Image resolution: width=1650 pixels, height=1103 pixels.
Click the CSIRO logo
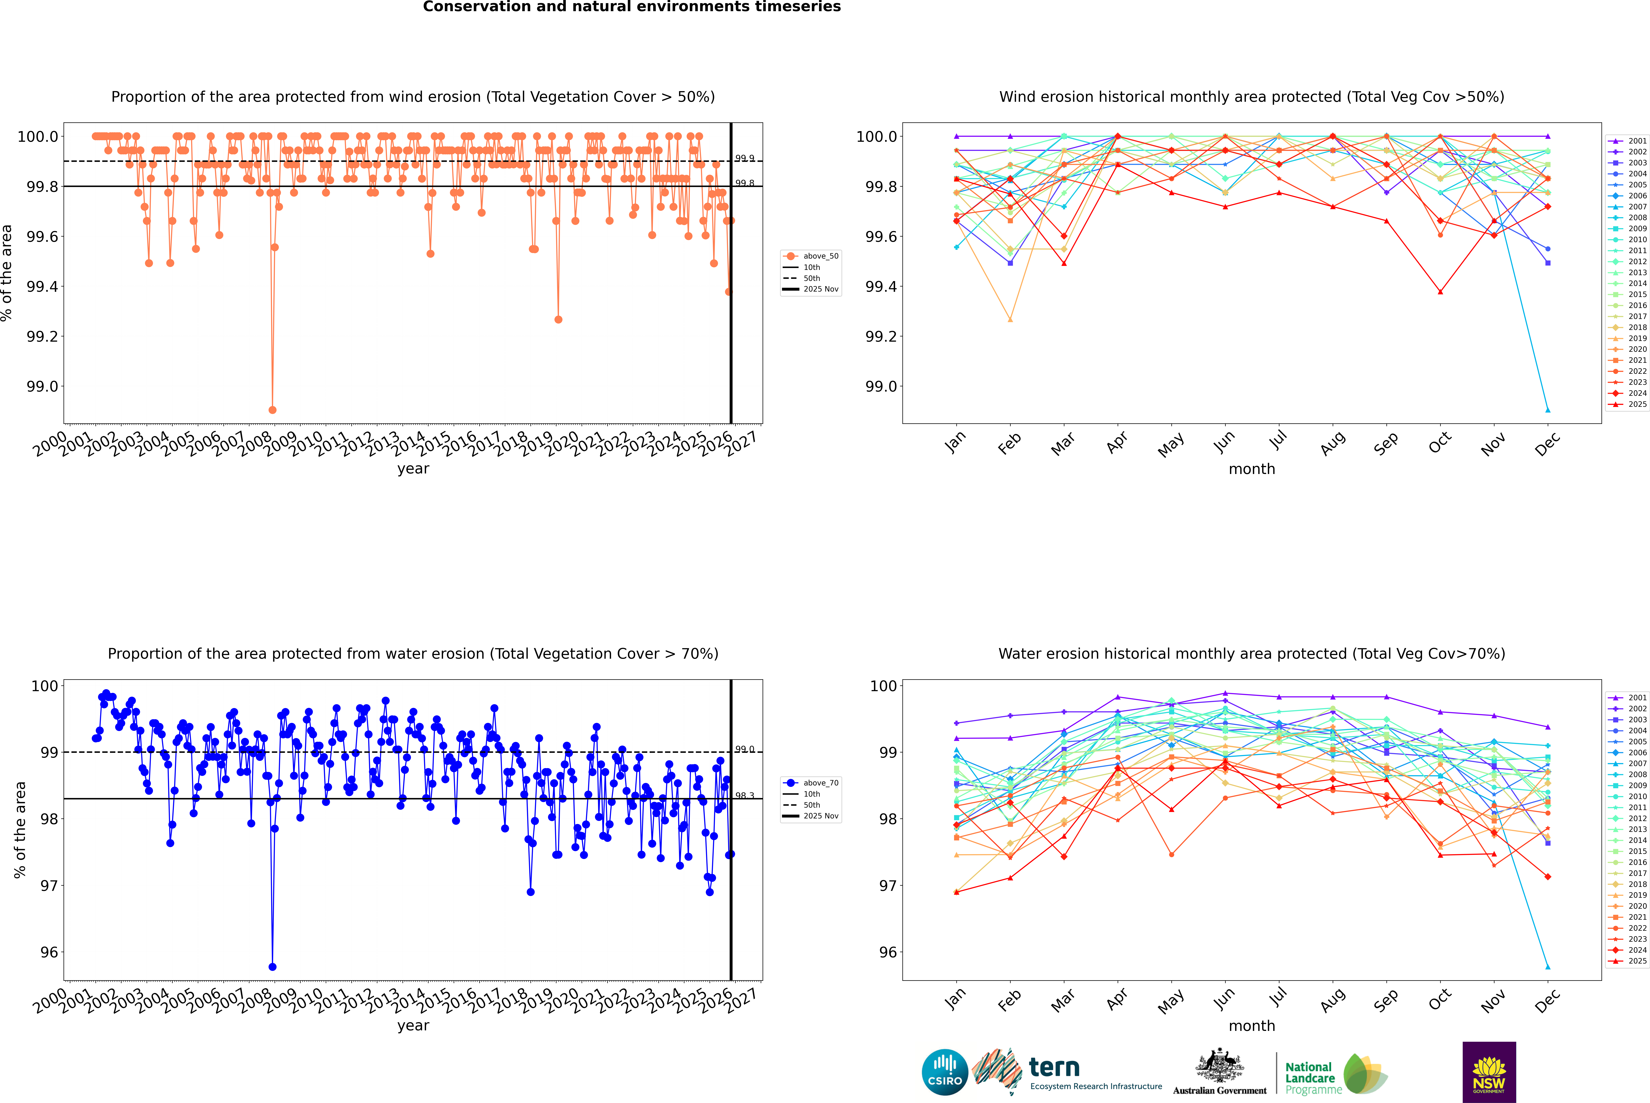945,1072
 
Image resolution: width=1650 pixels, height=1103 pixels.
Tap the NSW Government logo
1489,1072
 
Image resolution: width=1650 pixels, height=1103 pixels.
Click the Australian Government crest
1220,1066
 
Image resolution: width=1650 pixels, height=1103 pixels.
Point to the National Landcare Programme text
1310,1078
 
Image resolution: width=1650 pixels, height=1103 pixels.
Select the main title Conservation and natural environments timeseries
632,7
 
